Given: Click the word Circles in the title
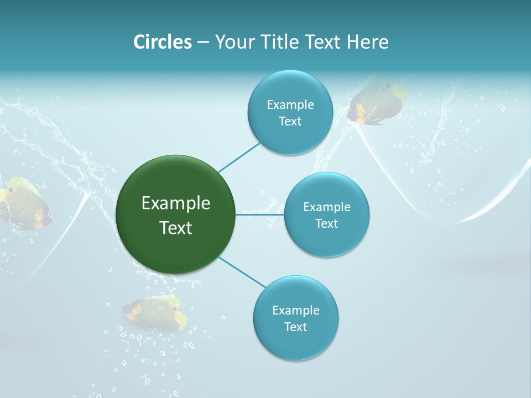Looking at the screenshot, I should point(163,42).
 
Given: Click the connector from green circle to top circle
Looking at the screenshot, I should point(239,156).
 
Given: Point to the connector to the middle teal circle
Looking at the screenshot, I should point(260,214).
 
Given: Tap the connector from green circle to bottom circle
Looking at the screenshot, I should point(242,272).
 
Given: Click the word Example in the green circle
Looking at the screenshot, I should point(176,203).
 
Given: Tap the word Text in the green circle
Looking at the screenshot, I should point(176,228).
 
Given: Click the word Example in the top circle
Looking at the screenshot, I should point(290,105).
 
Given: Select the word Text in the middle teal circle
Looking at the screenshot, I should point(326,223).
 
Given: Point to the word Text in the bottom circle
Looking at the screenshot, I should point(295,327).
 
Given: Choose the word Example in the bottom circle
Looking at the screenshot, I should point(295,310).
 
